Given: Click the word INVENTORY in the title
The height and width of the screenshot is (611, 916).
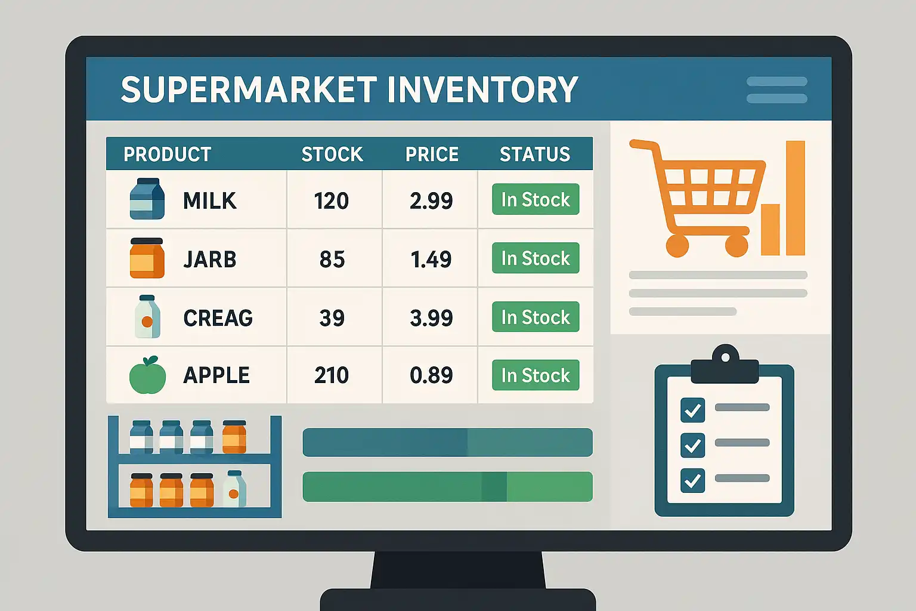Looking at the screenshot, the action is tap(482, 90).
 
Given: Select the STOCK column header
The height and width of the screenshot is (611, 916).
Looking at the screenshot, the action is tap(332, 155).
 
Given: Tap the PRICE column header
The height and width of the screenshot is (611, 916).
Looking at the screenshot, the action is tap(432, 155).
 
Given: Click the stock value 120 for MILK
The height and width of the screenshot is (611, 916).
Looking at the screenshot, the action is tap(331, 200).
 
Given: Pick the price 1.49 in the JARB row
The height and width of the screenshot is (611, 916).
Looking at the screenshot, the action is tap(431, 259).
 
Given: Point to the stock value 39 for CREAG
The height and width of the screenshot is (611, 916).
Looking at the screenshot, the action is tap(332, 318).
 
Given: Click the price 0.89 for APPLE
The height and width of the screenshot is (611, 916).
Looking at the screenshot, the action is tap(431, 375).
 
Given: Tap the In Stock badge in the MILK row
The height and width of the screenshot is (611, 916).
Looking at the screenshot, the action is tap(536, 199).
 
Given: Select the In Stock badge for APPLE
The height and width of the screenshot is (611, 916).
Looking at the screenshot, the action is tap(536, 375).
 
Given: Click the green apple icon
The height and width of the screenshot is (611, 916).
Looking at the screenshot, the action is tap(148, 376).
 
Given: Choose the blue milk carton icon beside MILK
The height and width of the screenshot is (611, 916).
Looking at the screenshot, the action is tap(147, 199).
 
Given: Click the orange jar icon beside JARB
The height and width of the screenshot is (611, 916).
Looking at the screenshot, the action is tap(147, 258).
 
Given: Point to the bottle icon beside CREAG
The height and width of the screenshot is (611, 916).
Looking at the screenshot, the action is tap(147, 316).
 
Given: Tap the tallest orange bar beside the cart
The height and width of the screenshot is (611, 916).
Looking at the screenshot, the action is tap(796, 198).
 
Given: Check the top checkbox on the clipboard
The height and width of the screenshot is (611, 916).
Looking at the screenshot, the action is tap(693, 410).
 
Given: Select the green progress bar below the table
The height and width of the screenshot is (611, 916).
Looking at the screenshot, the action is tap(447, 486).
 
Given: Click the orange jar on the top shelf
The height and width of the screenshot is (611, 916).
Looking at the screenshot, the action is tap(234, 437).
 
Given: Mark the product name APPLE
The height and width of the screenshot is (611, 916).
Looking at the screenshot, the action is tap(216, 375).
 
